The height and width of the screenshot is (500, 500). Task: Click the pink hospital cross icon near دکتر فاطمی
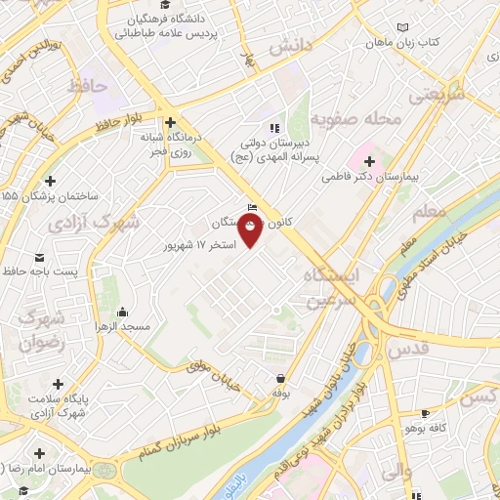pos(369,159)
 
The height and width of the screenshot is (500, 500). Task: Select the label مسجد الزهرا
pos(120,326)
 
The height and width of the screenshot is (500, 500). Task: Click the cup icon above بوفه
pos(281,377)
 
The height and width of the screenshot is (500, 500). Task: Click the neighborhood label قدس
pos(407,349)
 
